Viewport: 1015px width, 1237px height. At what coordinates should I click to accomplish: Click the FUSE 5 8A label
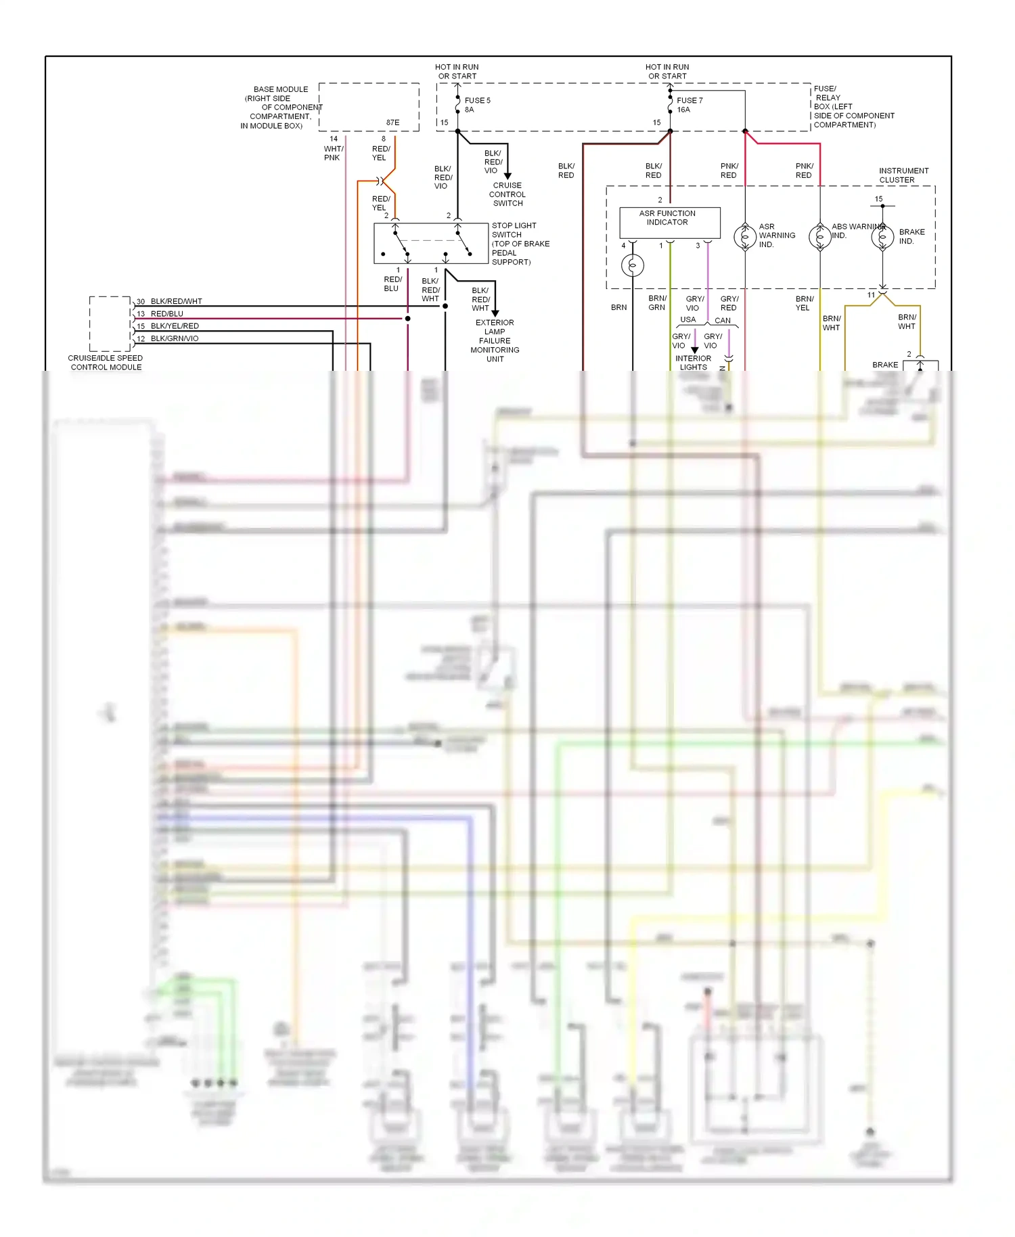[477, 105]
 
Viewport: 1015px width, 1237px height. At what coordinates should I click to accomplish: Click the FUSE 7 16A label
[689, 105]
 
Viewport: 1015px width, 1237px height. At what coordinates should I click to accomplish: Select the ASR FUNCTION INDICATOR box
[669, 222]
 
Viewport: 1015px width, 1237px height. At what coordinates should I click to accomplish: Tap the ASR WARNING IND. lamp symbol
[745, 236]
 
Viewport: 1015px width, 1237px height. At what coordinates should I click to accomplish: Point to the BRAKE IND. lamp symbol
[882, 237]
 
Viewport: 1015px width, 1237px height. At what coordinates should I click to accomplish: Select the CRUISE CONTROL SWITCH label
[507, 194]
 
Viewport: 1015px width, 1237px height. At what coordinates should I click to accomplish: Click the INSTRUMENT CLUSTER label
[903, 175]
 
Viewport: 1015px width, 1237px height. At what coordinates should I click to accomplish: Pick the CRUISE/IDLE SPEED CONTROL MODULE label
[106, 363]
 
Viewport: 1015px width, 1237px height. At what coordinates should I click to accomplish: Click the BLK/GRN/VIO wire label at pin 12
[175, 338]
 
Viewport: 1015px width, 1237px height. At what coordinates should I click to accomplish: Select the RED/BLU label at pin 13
[166, 314]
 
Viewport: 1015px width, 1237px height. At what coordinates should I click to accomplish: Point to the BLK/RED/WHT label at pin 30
[176, 302]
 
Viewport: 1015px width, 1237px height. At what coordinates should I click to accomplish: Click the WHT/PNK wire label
[333, 153]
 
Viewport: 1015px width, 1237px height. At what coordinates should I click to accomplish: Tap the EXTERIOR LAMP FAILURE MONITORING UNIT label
[495, 341]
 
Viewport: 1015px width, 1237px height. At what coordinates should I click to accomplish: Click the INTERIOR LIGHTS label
[693, 363]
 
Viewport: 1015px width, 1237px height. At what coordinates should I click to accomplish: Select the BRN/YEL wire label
[804, 303]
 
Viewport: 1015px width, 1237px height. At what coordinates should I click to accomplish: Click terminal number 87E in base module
[392, 122]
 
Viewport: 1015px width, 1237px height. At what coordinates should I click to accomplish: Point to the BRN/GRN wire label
[657, 302]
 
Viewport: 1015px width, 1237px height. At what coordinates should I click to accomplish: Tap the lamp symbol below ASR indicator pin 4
[633, 265]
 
